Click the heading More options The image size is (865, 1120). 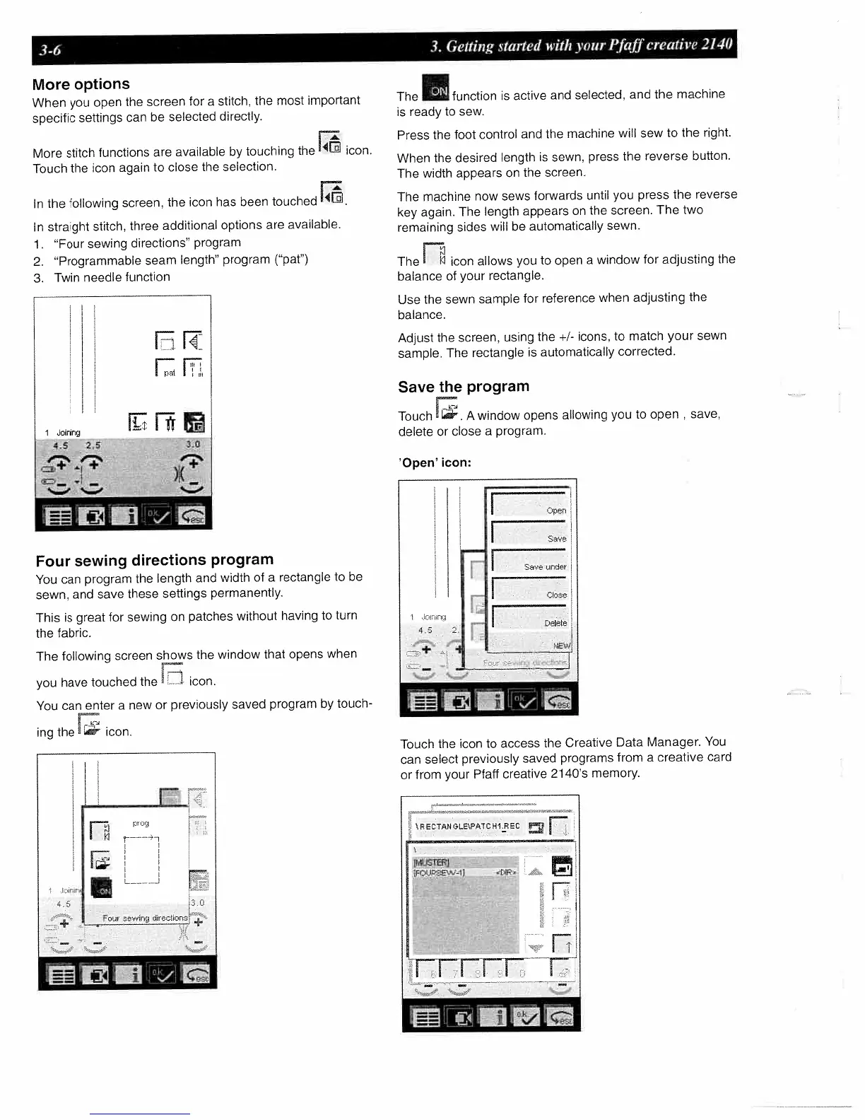coord(81,84)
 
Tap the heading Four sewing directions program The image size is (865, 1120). coord(154,561)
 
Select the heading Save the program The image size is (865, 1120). coord(463,387)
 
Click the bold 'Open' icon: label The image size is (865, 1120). coord(435,462)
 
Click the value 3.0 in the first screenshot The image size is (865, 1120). coord(193,445)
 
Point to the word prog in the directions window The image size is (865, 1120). coord(141,824)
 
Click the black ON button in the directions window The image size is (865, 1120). coord(102,889)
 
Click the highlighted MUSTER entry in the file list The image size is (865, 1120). coord(431,862)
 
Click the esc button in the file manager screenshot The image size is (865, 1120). coord(563,1017)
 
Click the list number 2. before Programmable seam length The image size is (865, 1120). coord(39,260)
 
